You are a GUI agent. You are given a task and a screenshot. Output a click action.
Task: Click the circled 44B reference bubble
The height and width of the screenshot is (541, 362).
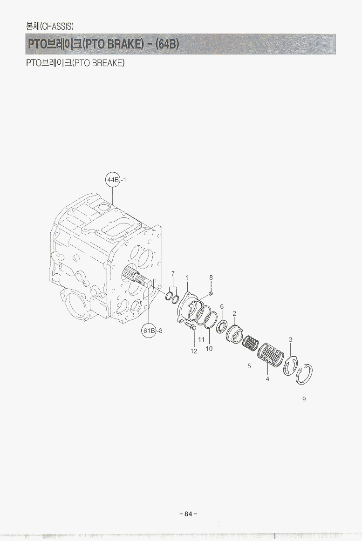[112, 180]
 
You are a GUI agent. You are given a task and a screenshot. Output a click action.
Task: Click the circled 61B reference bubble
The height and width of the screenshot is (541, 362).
[149, 331]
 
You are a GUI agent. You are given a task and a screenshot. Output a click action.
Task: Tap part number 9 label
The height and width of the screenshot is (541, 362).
[304, 399]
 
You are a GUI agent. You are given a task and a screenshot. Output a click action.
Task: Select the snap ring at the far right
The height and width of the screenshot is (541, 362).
[304, 374]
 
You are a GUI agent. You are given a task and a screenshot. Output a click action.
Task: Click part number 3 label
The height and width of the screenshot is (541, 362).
[291, 339]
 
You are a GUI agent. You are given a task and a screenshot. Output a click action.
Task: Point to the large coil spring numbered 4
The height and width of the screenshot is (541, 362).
[271, 355]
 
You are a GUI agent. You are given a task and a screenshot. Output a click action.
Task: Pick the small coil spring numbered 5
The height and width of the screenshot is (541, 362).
[251, 343]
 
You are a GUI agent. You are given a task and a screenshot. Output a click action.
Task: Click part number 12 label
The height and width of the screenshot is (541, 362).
[194, 351]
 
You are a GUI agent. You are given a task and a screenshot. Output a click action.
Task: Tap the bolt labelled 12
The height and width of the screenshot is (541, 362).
[191, 325]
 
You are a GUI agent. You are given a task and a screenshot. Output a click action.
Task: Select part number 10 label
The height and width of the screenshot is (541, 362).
[209, 348]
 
